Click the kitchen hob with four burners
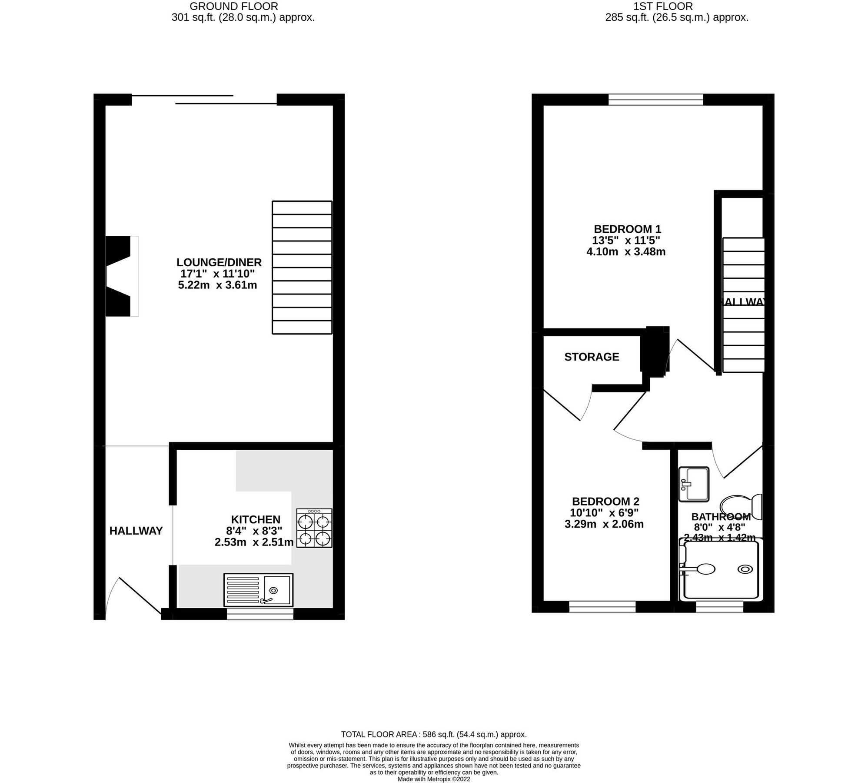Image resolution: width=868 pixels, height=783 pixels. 314,528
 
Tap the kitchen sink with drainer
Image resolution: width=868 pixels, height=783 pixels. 258,590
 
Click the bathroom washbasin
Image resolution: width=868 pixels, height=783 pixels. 694,483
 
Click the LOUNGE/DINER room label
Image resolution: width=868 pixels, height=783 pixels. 219,262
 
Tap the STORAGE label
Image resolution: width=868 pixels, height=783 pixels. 592,357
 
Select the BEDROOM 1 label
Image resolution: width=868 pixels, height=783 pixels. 627,229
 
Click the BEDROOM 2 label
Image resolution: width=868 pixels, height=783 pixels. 605,501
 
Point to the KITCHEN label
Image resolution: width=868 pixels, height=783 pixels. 256,519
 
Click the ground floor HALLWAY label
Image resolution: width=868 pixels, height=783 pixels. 136,531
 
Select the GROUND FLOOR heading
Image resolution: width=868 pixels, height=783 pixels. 234,7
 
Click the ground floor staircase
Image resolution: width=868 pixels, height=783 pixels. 302,267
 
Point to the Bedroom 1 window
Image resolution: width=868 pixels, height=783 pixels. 655,100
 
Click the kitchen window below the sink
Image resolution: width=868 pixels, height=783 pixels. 260,614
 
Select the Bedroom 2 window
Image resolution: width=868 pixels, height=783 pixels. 602,606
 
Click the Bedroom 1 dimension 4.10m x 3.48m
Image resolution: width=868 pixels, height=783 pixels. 626,251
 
